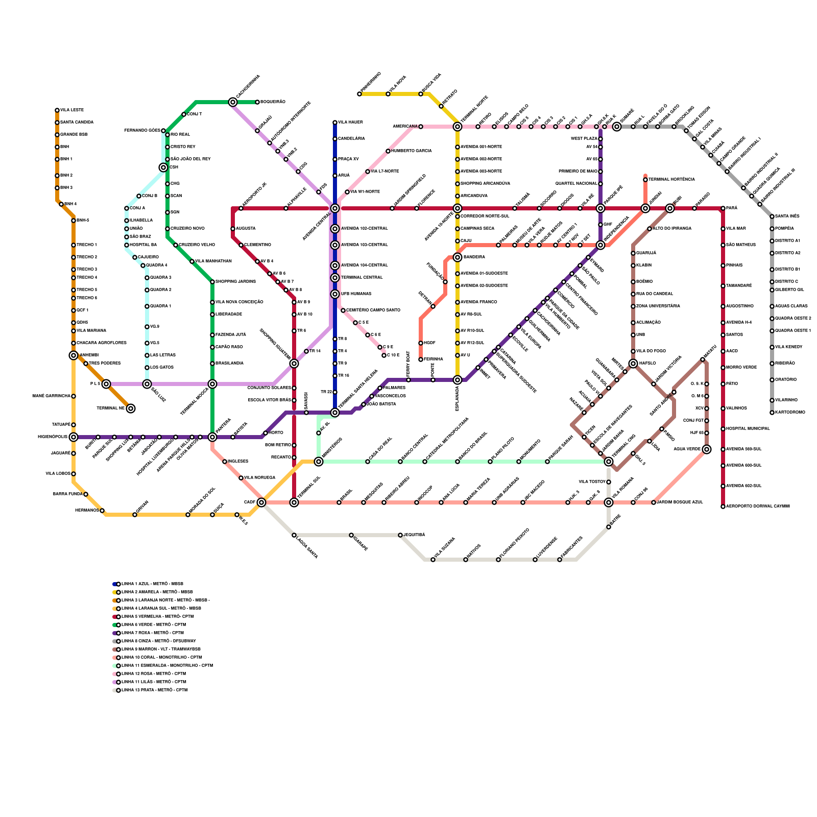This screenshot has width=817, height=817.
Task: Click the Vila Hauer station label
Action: tap(350, 123)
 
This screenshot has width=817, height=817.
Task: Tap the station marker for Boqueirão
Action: tap(257, 102)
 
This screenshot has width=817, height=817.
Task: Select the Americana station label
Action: tap(405, 126)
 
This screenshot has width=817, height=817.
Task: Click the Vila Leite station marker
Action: tap(57, 110)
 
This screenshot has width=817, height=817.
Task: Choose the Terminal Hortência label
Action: tap(671, 180)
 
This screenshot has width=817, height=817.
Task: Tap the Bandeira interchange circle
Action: tap(458, 257)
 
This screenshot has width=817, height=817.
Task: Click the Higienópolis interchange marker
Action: tap(74, 437)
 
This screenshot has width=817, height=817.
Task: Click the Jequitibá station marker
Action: tap(400, 535)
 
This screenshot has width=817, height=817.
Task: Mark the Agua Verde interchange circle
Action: tap(707, 449)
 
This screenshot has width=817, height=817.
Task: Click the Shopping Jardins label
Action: tap(235, 282)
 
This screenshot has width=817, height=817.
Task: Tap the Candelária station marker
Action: tap(335, 139)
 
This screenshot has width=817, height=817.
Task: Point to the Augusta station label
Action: tap(246, 229)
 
